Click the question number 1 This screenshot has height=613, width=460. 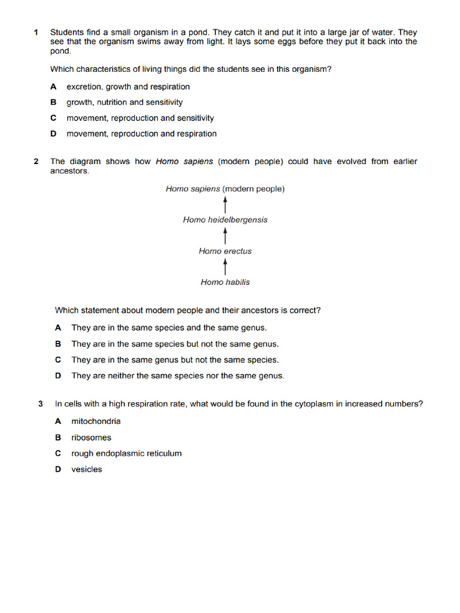[x=37, y=32]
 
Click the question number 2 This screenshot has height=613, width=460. [x=37, y=162]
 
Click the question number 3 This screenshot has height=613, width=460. [x=41, y=404]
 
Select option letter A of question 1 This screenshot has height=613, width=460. [x=53, y=87]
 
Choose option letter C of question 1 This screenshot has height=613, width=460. [x=53, y=119]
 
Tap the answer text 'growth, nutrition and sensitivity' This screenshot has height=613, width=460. [x=125, y=102]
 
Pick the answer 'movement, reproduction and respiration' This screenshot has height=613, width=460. [x=141, y=134]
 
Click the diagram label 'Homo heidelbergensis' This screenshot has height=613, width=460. [x=225, y=220]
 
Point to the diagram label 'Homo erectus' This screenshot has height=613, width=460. [x=225, y=251]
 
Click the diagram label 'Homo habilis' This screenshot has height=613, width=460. [x=225, y=283]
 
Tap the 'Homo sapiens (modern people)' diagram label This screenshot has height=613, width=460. [x=225, y=189]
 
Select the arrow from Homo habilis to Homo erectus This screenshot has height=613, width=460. [x=225, y=267]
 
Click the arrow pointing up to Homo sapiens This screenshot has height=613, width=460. [x=225, y=204]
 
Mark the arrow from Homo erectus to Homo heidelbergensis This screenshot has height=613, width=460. [x=225, y=235]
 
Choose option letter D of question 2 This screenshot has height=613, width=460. [x=58, y=376]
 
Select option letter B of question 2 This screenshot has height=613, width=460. [x=58, y=344]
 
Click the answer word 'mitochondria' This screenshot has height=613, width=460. [x=96, y=421]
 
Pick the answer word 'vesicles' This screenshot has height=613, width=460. [x=87, y=469]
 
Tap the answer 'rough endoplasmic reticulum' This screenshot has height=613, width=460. [x=126, y=454]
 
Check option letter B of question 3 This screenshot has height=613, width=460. [x=58, y=438]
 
